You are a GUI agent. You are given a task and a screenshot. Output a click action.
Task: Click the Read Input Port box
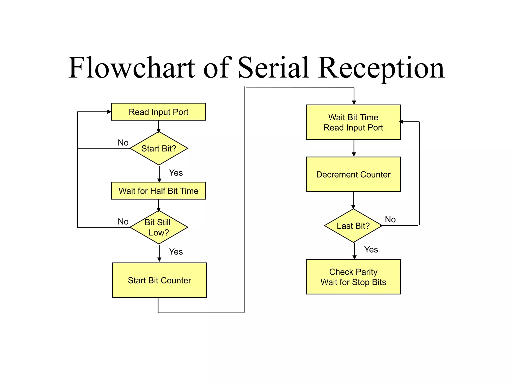pyautogui.click(x=158, y=112)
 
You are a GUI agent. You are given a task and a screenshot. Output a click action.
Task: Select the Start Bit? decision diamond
pyautogui.click(x=159, y=148)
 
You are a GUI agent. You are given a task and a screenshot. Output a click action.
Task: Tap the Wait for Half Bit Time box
pyautogui.click(x=158, y=191)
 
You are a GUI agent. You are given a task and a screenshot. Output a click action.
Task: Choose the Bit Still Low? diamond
pyautogui.click(x=159, y=227)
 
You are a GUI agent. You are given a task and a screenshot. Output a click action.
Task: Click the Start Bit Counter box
pyautogui.click(x=159, y=280)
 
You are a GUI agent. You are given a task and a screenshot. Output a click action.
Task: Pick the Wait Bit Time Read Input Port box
pyautogui.click(x=353, y=122)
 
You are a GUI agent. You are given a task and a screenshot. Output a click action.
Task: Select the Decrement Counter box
pyautogui.click(x=353, y=174)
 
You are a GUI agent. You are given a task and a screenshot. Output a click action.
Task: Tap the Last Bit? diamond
pyautogui.click(x=353, y=225)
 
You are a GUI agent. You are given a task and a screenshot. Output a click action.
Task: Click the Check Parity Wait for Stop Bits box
pyautogui.click(x=353, y=277)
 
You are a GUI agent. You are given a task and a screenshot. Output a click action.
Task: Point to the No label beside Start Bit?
pyautogui.click(x=123, y=142)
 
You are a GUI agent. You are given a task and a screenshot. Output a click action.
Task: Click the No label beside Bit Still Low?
pyautogui.click(x=123, y=221)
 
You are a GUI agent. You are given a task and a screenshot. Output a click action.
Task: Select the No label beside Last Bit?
pyautogui.click(x=390, y=219)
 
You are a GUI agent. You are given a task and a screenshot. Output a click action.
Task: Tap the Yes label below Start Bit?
pyautogui.click(x=176, y=173)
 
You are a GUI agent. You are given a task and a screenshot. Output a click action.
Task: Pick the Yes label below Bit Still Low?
pyautogui.click(x=176, y=252)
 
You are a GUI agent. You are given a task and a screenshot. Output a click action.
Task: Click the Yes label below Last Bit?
pyautogui.click(x=371, y=249)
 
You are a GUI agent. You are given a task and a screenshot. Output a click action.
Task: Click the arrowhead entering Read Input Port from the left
pyautogui.click(x=109, y=112)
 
